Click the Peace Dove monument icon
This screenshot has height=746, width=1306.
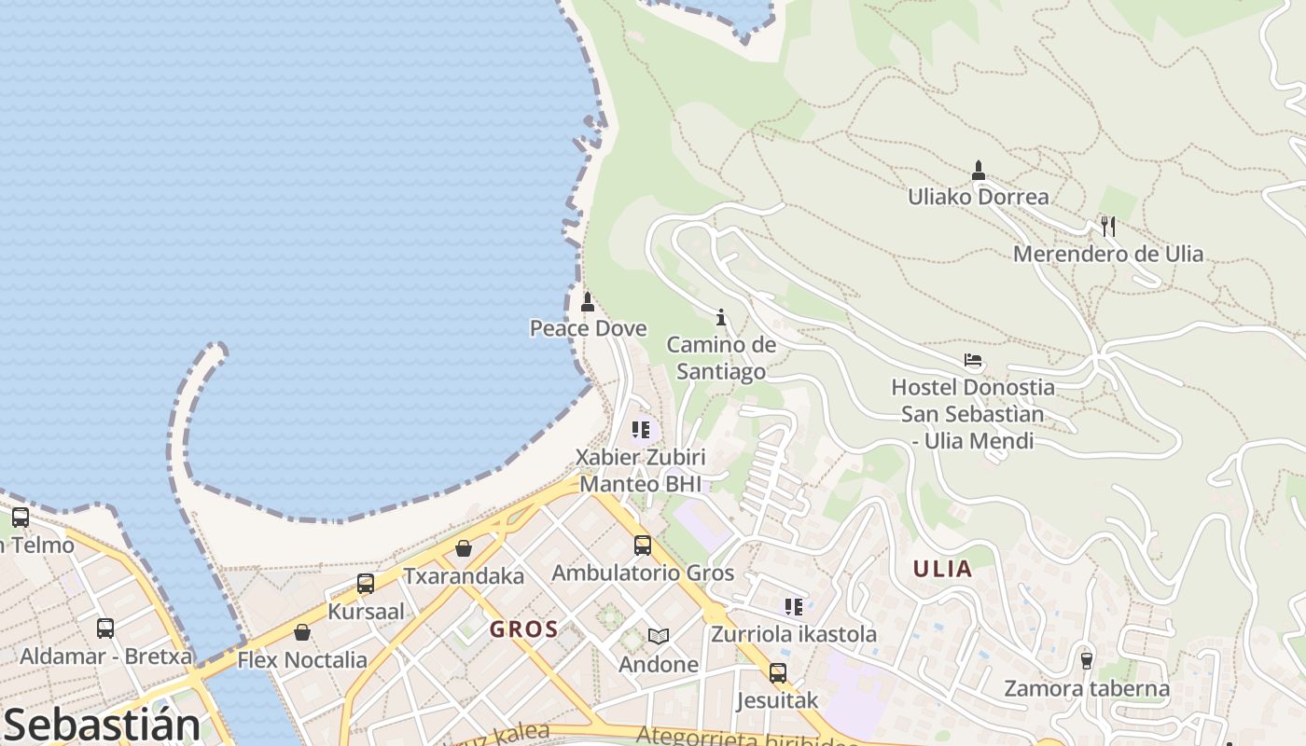pyautogui.click(x=588, y=302)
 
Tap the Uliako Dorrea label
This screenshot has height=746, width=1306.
pyautogui.click(x=979, y=197)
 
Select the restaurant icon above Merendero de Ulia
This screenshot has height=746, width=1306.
pyautogui.click(x=1108, y=226)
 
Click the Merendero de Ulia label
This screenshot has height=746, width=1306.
pyautogui.click(x=1108, y=254)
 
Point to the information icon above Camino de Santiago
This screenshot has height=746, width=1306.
pyautogui.click(x=720, y=317)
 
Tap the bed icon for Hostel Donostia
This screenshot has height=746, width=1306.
pyautogui.click(x=973, y=360)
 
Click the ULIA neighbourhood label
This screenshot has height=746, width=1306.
pyautogui.click(x=942, y=569)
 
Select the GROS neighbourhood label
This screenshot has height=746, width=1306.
pyautogui.click(x=524, y=629)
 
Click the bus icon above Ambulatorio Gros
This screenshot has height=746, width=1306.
pyautogui.click(x=643, y=546)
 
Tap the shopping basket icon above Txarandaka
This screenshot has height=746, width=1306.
pyautogui.click(x=464, y=548)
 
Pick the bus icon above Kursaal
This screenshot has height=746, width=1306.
pyautogui.click(x=366, y=584)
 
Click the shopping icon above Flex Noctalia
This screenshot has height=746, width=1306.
pyautogui.click(x=302, y=632)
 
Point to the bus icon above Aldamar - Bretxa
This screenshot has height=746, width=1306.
pyautogui.click(x=105, y=629)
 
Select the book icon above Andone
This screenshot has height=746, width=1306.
pyautogui.click(x=659, y=637)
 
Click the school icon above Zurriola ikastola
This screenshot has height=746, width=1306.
pyautogui.click(x=794, y=607)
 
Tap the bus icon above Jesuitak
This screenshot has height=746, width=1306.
pyautogui.click(x=778, y=672)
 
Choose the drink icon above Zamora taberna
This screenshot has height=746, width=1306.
pyautogui.click(x=1086, y=660)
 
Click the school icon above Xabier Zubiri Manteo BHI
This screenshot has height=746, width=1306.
pyautogui.click(x=641, y=430)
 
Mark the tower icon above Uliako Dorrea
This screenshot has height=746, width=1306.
pyautogui.click(x=979, y=170)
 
